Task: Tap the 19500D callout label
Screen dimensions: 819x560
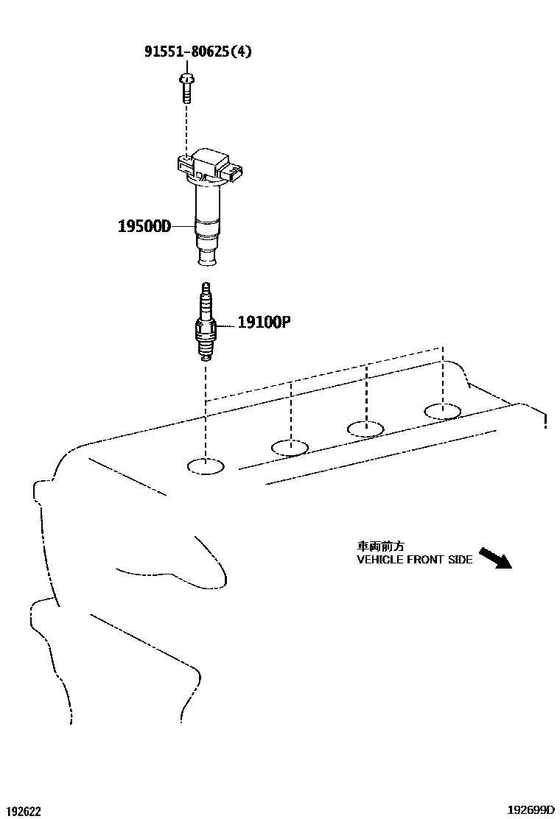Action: point(144,226)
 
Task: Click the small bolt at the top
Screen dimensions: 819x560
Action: point(186,89)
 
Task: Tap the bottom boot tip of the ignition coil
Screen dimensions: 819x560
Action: point(206,258)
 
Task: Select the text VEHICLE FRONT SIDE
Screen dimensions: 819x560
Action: point(414,560)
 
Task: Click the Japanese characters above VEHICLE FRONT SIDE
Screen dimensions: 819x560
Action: point(380,546)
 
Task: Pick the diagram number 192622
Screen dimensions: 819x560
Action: point(21,812)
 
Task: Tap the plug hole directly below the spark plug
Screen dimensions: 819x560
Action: point(206,465)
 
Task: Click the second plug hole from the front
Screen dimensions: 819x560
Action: point(291,446)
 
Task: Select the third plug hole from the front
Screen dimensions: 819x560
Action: point(365,428)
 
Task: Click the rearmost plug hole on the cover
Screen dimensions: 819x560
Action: point(443,410)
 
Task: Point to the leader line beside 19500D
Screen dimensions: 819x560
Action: point(183,226)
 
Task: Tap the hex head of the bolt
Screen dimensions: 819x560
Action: point(186,77)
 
